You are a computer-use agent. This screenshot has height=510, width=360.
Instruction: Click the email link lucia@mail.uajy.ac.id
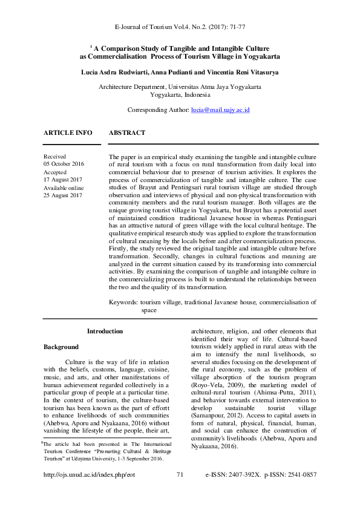220,110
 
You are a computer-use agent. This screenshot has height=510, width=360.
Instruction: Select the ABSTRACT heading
127,132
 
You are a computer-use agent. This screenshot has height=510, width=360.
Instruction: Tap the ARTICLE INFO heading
68,132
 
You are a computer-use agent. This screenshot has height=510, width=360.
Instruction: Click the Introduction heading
105,331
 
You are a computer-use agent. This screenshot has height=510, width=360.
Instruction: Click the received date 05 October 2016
64,164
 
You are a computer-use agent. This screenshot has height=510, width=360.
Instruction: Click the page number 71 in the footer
180,492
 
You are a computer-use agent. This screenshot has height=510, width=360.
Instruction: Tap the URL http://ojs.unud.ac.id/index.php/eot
89,492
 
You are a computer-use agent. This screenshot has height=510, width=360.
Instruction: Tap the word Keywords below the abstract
123,301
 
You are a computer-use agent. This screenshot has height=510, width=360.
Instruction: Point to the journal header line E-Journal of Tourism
180,28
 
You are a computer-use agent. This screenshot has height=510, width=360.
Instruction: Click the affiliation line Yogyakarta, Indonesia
180,95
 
